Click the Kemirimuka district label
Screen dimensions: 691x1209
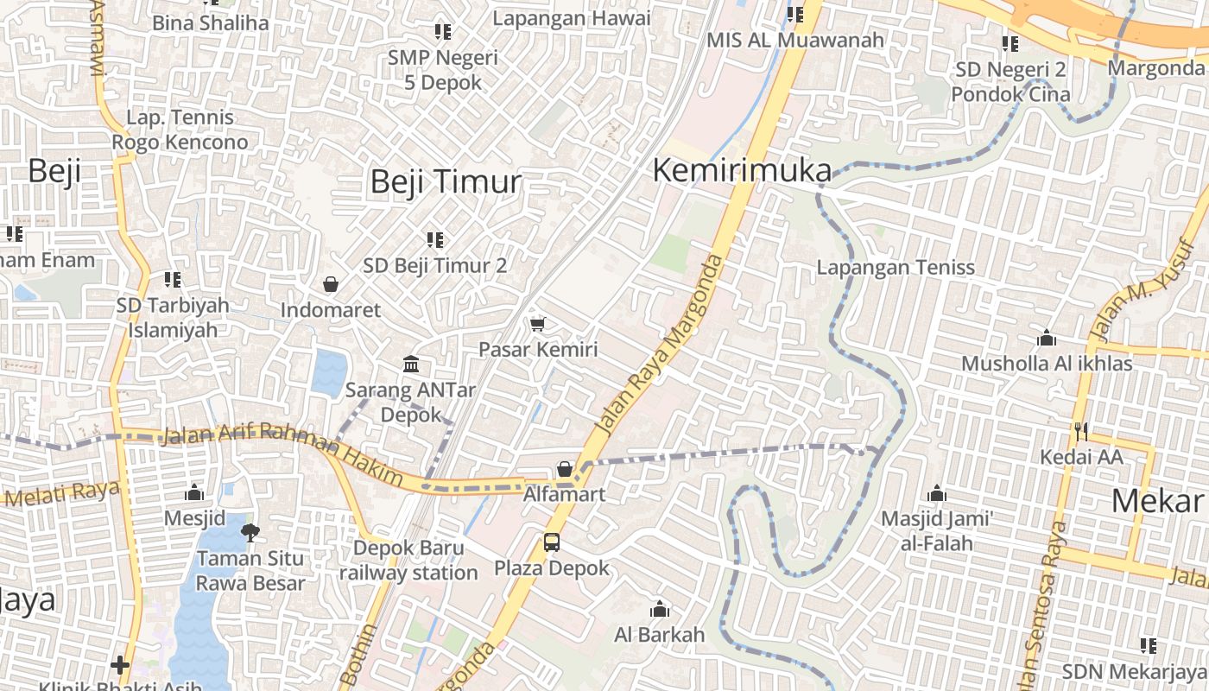click(x=742, y=170)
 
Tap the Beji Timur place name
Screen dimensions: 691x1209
click(x=446, y=181)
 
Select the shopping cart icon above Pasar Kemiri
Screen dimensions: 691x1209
click(x=538, y=324)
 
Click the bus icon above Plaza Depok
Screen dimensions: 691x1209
click(x=551, y=542)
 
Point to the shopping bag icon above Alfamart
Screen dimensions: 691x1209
click(x=565, y=469)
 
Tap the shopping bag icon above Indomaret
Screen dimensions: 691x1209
click(x=330, y=283)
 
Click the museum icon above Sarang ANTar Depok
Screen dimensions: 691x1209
click(x=410, y=364)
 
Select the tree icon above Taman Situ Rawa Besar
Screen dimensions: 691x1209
click(x=250, y=532)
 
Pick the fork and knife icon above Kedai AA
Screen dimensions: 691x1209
click(x=1080, y=430)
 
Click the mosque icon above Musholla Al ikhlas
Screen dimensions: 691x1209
click(x=1047, y=337)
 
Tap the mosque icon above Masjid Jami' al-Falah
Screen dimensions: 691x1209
click(x=937, y=494)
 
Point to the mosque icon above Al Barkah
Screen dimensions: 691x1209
click(x=660, y=609)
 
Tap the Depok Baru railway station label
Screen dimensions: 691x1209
click(x=408, y=560)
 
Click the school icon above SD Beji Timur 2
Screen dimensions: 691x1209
click(x=434, y=239)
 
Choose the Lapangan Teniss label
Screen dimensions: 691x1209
click(x=896, y=268)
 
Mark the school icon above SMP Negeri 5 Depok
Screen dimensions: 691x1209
click(x=442, y=32)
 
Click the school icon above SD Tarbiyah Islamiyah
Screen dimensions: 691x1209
click(x=173, y=279)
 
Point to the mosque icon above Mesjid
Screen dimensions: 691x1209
click(x=194, y=492)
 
